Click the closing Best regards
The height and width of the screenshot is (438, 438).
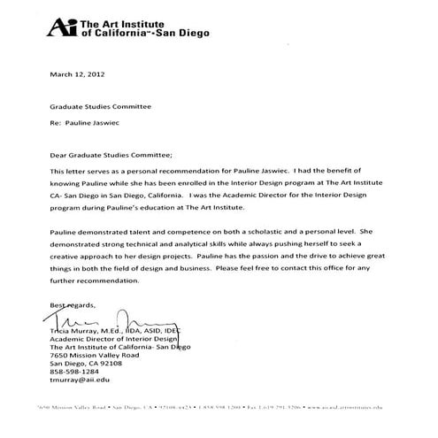73,304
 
